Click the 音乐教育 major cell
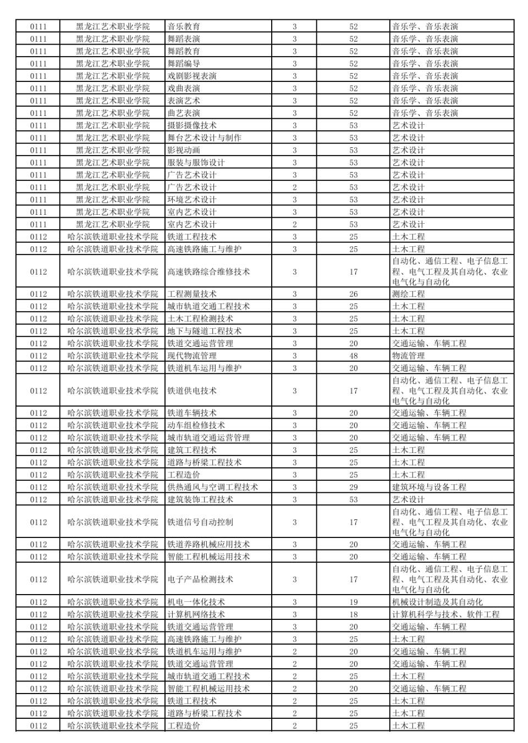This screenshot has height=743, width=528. pyautogui.click(x=184, y=26)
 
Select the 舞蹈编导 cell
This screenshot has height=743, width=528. pyautogui.click(x=184, y=64)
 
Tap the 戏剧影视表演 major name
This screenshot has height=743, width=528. pyautogui.click(x=192, y=76)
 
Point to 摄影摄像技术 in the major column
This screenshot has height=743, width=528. pyautogui.click(x=192, y=125)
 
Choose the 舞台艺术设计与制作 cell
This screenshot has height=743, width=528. pyautogui.click(x=204, y=138)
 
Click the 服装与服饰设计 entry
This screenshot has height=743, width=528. pyautogui.click(x=196, y=163)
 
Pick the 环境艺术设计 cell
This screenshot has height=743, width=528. pyautogui.click(x=192, y=199)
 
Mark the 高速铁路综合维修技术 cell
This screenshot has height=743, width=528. pyautogui.click(x=208, y=271)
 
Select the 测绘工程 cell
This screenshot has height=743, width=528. pyautogui.click(x=408, y=294)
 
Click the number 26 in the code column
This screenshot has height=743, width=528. pyautogui.click(x=353, y=294)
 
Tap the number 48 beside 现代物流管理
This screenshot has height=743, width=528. pyautogui.click(x=353, y=356)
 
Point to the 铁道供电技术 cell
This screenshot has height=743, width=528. pyautogui.click(x=192, y=391)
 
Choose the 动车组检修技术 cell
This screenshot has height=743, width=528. pyautogui.click(x=196, y=425)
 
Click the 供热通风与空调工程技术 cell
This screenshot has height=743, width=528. pyautogui.click(x=212, y=487)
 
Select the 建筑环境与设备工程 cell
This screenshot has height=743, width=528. pyautogui.click(x=429, y=487)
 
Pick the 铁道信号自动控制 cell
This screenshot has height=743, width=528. pyautogui.click(x=200, y=522)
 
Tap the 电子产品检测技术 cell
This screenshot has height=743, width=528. pyautogui.click(x=200, y=579)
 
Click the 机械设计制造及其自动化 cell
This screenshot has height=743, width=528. pyautogui.click(x=437, y=602)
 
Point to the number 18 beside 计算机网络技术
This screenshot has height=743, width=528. pyautogui.click(x=353, y=614)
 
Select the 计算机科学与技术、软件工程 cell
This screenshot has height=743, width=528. pyautogui.click(x=446, y=614)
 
